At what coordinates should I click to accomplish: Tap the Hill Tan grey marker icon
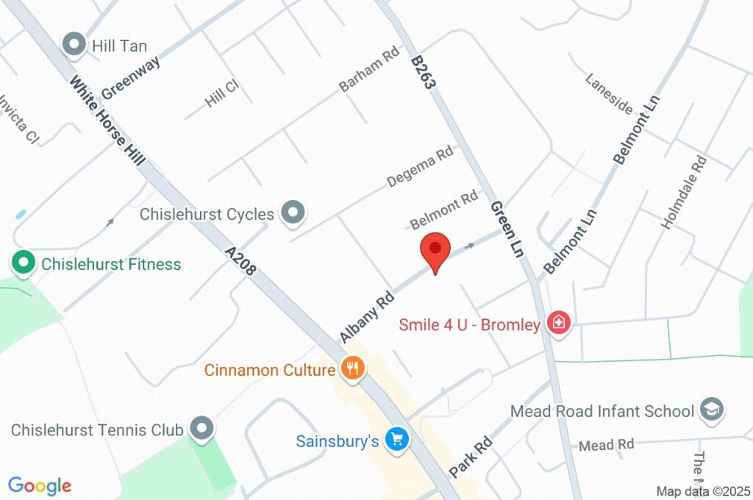[74, 46]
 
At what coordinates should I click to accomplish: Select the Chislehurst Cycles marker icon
[294, 214]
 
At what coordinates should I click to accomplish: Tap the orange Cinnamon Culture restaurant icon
[354, 369]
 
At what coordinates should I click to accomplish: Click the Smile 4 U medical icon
[560, 324]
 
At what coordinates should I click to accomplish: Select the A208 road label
[240, 260]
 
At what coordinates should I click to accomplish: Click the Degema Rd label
[420, 168]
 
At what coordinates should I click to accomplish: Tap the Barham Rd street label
[368, 71]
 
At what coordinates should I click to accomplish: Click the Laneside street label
[609, 93]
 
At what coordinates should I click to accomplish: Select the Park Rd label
[471, 456]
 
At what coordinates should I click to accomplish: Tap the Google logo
[40, 486]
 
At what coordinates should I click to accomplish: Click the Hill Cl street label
[222, 94]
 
